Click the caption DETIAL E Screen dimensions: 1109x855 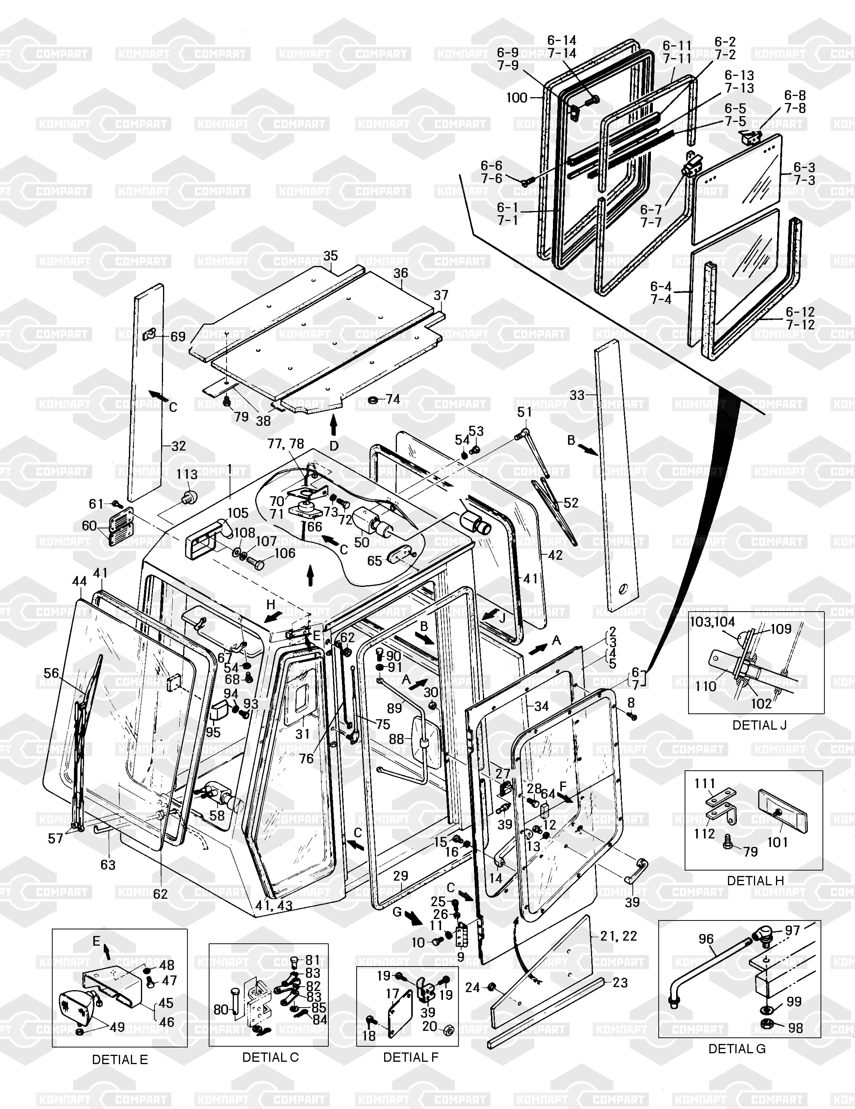coord(120,1060)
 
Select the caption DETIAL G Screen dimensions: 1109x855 coord(737,1049)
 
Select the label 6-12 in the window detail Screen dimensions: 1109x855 coord(800,312)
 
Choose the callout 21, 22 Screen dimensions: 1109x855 coord(618,936)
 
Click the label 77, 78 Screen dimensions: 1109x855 coord(286,444)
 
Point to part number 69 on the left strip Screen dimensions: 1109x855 coord(177,337)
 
